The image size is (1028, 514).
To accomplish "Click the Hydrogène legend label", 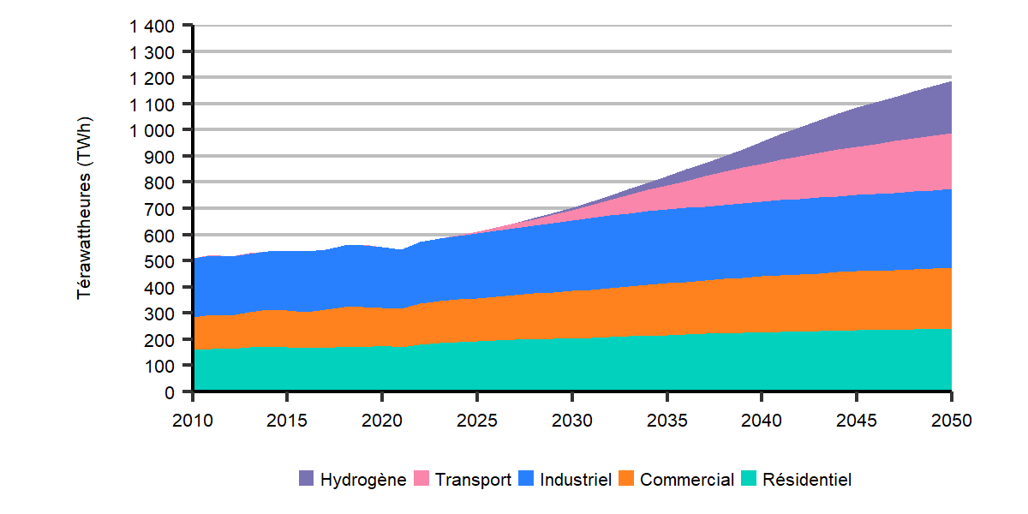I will click(362, 480).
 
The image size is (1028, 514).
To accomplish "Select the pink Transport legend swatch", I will click(422, 480).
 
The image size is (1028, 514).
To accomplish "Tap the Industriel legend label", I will click(575, 480).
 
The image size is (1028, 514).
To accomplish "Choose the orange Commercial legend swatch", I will click(628, 480).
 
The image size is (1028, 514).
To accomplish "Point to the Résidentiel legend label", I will click(807, 480).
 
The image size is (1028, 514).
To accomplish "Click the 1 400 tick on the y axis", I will click(152, 27).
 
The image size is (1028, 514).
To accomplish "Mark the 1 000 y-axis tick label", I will click(152, 130).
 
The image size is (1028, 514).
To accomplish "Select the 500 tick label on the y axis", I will click(162, 261).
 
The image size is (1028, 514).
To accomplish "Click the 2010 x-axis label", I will click(193, 421).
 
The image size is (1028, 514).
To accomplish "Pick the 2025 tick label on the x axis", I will click(477, 421).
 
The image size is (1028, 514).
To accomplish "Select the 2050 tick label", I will click(951, 421).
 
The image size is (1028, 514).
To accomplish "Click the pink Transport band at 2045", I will click(857, 171).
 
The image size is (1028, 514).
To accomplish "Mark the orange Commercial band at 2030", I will click(572, 315).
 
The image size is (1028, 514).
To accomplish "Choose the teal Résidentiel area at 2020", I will click(382, 368).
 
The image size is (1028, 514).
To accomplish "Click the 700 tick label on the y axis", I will click(162, 209).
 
